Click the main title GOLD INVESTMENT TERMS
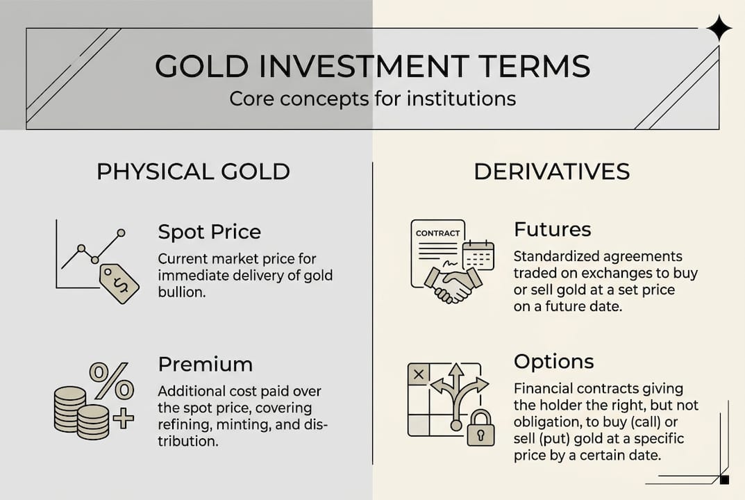point(372,66)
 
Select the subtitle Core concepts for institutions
point(372,99)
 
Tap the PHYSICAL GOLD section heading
point(193,172)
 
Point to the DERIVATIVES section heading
point(551,172)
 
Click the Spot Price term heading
point(209,231)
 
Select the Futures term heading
point(553,229)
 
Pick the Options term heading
point(553,362)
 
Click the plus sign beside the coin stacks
point(123,418)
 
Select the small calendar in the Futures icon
point(478,255)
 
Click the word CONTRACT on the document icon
point(437,233)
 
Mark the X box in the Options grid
point(419,374)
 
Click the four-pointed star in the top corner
point(719,29)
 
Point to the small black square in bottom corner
point(724,480)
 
